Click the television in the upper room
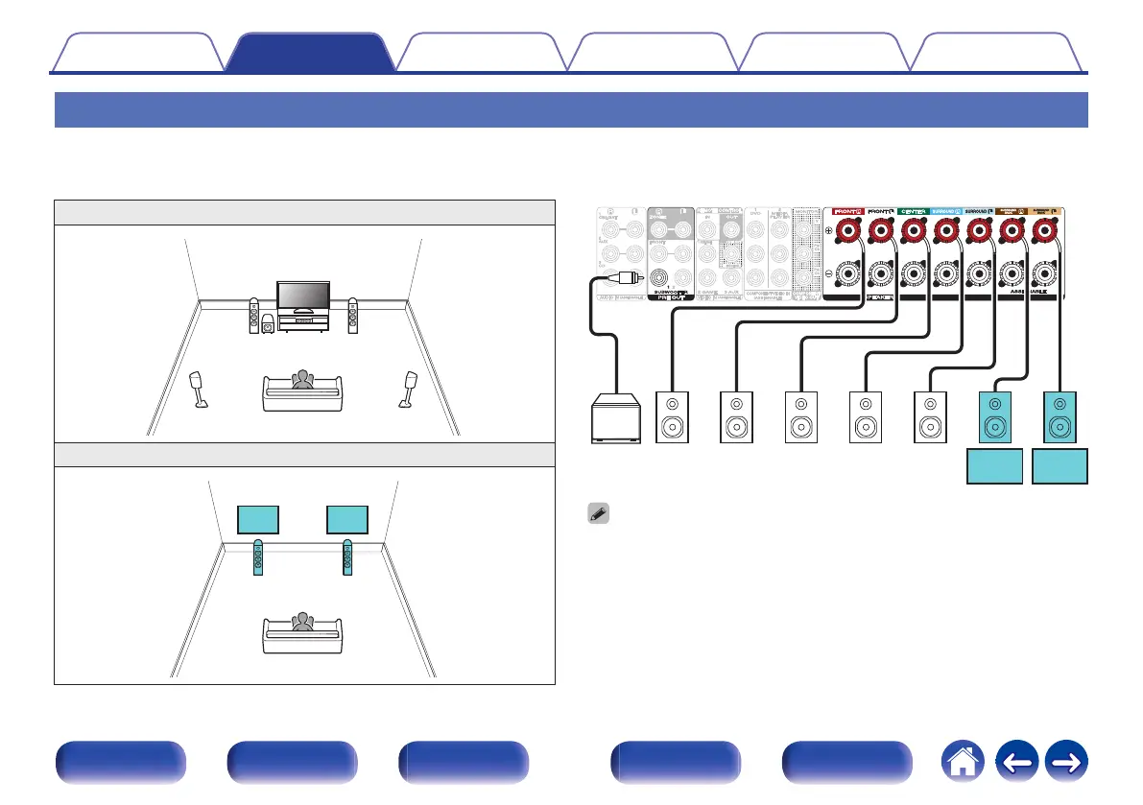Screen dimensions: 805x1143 pos(303,298)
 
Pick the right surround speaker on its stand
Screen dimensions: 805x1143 pos(410,389)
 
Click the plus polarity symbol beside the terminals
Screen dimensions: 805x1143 pos(828,230)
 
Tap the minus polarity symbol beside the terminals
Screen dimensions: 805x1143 pos(828,273)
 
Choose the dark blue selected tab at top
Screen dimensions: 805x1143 pos(310,52)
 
